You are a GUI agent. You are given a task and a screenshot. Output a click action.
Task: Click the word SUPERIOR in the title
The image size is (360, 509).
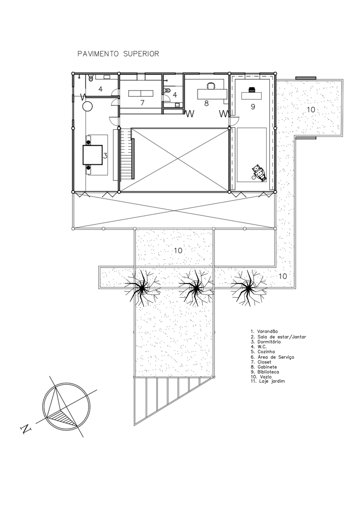pos(141,54)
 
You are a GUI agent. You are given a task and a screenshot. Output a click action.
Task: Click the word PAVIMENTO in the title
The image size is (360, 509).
pos(98,54)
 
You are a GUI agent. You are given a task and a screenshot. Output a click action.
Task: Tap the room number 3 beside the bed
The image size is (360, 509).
pos(105,156)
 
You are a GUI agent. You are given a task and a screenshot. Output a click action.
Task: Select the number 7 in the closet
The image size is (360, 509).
pos(142,103)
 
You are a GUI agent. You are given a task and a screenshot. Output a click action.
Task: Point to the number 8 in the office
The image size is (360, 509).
pos(206,103)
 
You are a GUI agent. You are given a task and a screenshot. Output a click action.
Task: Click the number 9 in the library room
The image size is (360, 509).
pos(253,106)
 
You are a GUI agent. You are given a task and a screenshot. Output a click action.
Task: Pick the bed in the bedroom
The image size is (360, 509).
pos(93,155)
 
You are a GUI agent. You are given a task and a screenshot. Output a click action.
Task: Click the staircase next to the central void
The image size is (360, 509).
pos(127,154)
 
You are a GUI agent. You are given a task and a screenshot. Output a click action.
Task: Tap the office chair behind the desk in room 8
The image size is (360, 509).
pos(211,86)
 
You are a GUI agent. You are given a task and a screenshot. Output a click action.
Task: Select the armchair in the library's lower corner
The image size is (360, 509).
pos(259,173)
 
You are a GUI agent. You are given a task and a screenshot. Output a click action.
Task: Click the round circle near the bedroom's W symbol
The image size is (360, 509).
pos(88,106)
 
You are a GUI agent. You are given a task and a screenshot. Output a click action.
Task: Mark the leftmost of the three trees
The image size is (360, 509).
pos(142,288)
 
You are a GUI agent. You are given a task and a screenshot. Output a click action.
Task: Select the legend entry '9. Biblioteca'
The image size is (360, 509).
pos(265,372)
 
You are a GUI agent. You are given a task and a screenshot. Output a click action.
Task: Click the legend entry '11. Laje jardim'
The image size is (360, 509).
pos(267,381)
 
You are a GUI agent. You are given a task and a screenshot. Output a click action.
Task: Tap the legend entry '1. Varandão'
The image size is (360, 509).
pos(264,331)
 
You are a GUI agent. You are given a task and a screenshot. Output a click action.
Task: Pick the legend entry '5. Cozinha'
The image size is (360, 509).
pos(263,352)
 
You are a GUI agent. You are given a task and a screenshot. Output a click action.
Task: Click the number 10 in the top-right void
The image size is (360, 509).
pos(311,110)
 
